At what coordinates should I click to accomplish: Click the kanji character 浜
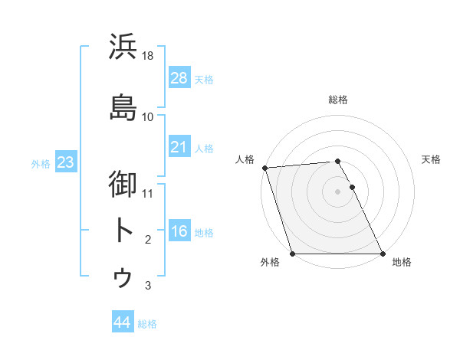pyautogui.click(x=123, y=47)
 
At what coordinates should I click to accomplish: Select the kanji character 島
pyautogui.click(x=123, y=107)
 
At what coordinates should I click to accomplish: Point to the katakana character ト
pyautogui.click(x=123, y=230)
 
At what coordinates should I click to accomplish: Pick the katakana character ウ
pyautogui.click(x=123, y=277)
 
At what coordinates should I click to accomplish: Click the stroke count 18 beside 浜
pyautogui.click(x=149, y=56)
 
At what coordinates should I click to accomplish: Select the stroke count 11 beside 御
pyautogui.click(x=148, y=193)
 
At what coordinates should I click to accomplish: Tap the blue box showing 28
pyautogui.click(x=179, y=78)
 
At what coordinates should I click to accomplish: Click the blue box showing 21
pyautogui.click(x=179, y=146)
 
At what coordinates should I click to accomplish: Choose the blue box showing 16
pyautogui.click(x=179, y=231)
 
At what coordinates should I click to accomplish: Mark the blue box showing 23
pyautogui.click(x=65, y=162)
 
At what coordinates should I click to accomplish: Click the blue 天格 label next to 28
pyautogui.click(x=204, y=79)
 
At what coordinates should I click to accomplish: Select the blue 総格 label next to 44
pyautogui.click(x=147, y=323)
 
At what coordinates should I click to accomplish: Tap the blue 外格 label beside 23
pyautogui.click(x=41, y=163)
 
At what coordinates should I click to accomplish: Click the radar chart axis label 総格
pyautogui.click(x=338, y=100)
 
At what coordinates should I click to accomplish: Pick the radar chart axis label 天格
pyautogui.click(x=432, y=159)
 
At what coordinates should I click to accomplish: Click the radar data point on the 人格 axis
pyautogui.click(x=264, y=168)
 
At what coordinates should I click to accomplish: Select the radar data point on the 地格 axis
pyautogui.click(x=383, y=254)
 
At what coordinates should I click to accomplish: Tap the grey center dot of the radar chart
pyautogui.click(x=337, y=191)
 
